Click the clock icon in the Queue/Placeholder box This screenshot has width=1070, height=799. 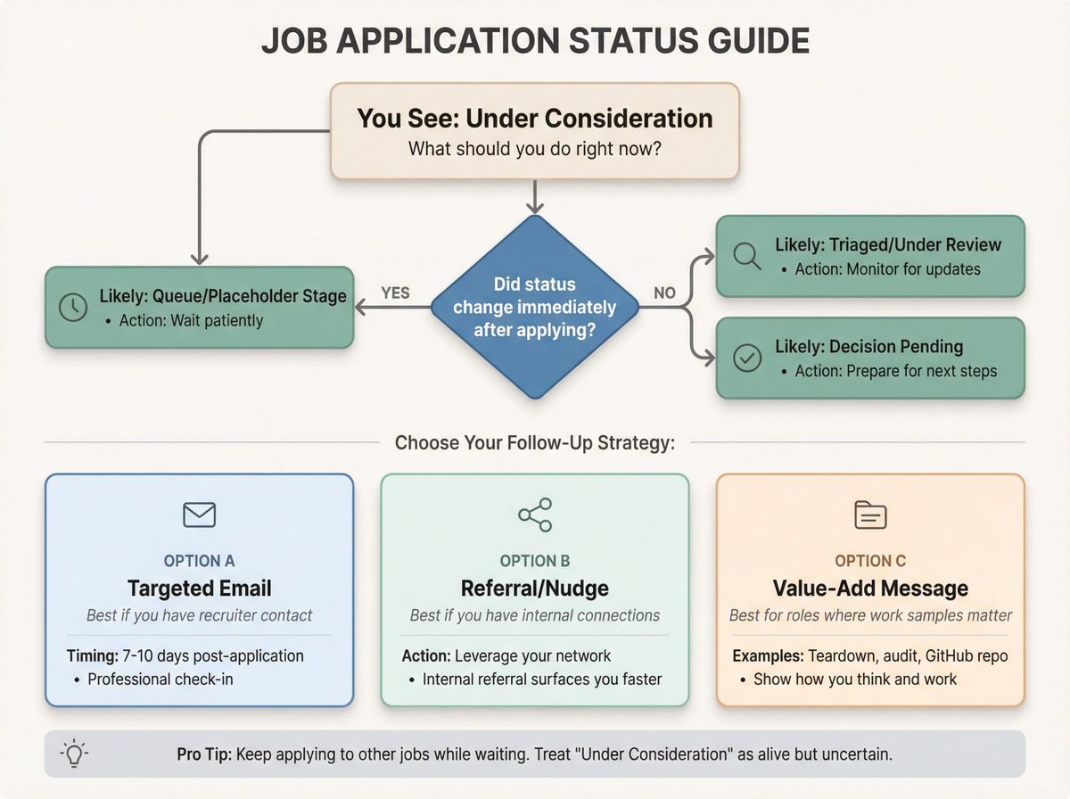(x=72, y=307)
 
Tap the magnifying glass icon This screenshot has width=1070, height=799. (x=745, y=256)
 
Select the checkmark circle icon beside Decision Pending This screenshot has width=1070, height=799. (x=745, y=358)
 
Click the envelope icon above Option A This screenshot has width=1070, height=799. (x=199, y=515)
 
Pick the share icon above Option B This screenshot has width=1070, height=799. (x=535, y=515)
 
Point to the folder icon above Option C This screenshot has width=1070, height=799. (x=870, y=515)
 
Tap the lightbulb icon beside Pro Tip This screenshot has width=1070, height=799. (x=73, y=754)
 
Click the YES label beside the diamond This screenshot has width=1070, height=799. (x=395, y=292)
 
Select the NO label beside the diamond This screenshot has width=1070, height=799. (x=665, y=292)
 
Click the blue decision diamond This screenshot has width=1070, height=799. (x=534, y=307)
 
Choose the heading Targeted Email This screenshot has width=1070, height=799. (x=199, y=589)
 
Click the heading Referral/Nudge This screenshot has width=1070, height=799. (x=535, y=589)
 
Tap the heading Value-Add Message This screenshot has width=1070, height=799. (x=870, y=589)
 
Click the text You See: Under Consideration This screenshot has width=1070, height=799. (x=534, y=119)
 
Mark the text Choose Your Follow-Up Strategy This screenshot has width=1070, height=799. (x=534, y=443)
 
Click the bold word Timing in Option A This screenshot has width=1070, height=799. (x=92, y=656)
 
